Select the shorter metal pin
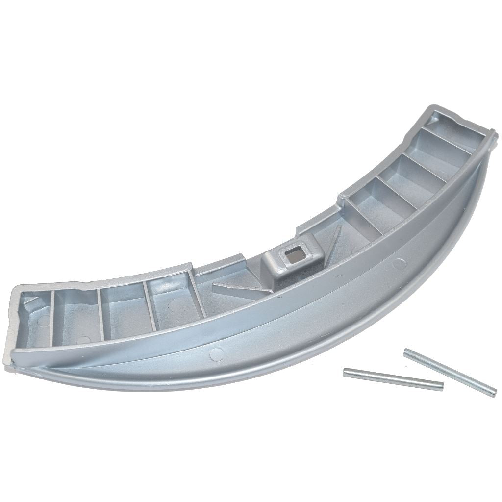tap(393, 379)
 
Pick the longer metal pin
tap(450, 371)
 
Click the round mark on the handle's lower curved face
tap(214, 352)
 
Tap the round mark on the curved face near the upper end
tap(400, 263)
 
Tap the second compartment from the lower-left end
tap(76, 314)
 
